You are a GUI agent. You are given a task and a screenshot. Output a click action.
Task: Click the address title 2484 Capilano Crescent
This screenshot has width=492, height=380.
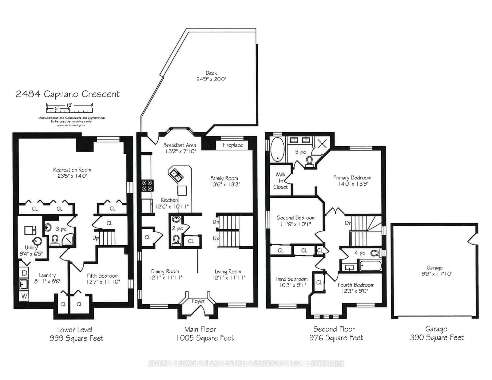pyautogui.click(x=68, y=94)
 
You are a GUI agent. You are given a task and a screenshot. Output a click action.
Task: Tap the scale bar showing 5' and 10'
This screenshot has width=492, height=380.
pyautogui.click(x=69, y=108)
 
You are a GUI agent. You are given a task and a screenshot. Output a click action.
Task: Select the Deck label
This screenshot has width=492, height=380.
pyautogui.click(x=211, y=73)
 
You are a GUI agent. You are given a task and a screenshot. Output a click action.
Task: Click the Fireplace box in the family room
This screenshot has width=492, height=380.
pyautogui.click(x=232, y=145)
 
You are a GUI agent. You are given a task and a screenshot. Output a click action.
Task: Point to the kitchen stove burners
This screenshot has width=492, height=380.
pyautogui.click(x=147, y=185)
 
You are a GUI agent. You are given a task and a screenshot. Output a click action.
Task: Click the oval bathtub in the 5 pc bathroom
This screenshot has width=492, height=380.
pyautogui.click(x=277, y=149)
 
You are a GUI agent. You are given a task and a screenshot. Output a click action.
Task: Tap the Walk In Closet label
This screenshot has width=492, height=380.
pyautogui.click(x=280, y=180)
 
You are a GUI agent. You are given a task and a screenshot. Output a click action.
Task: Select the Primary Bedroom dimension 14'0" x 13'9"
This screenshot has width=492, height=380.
pyautogui.click(x=353, y=184)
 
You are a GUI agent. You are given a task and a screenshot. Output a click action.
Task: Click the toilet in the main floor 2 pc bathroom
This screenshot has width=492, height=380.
pyautogui.click(x=176, y=240)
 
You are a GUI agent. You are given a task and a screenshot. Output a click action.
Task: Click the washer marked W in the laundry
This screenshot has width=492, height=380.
pyautogui.click(x=24, y=296)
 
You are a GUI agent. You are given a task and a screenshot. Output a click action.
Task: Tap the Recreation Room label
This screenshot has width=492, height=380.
pyautogui.click(x=72, y=170)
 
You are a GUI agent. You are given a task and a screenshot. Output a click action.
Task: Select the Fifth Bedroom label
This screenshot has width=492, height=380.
pyautogui.click(x=103, y=276)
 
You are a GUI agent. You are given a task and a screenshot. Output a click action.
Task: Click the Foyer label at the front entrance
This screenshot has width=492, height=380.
pyautogui.click(x=198, y=301)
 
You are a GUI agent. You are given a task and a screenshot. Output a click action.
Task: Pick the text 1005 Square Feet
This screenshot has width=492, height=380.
pyautogui.click(x=205, y=338)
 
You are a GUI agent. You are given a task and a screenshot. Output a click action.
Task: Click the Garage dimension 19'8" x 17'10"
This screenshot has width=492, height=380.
pyautogui.click(x=435, y=274)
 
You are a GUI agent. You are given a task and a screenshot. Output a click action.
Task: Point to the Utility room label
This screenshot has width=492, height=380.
pyautogui.click(x=31, y=247)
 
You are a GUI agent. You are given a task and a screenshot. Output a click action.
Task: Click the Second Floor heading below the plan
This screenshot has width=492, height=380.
pyautogui.click(x=334, y=329)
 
